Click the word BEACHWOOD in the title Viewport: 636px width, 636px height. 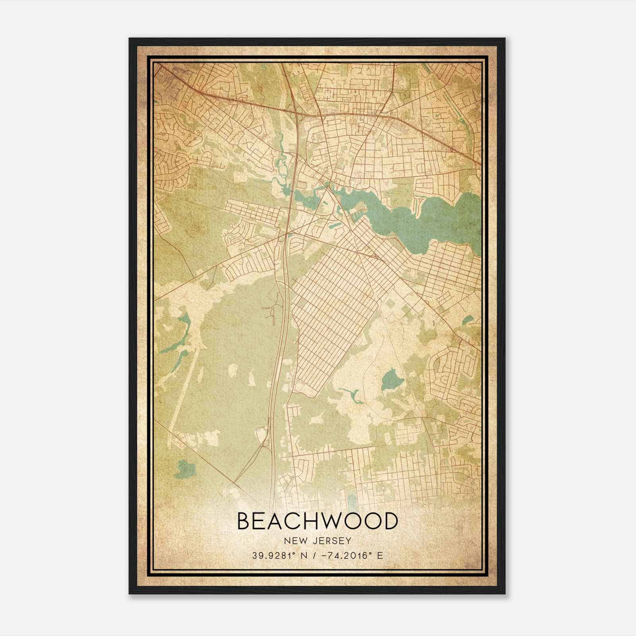click(x=317, y=521)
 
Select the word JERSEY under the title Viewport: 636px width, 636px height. click(x=330, y=541)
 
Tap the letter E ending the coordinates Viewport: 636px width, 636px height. click(x=380, y=555)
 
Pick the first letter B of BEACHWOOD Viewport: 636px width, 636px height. click(x=244, y=521)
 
